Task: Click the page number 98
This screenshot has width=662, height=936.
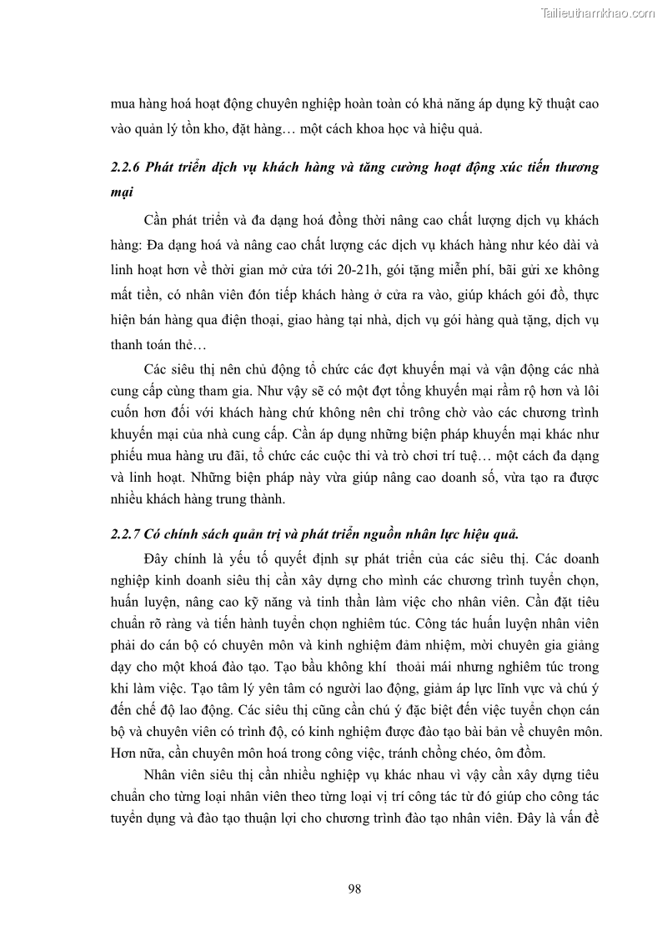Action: [x=354, y=889]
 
